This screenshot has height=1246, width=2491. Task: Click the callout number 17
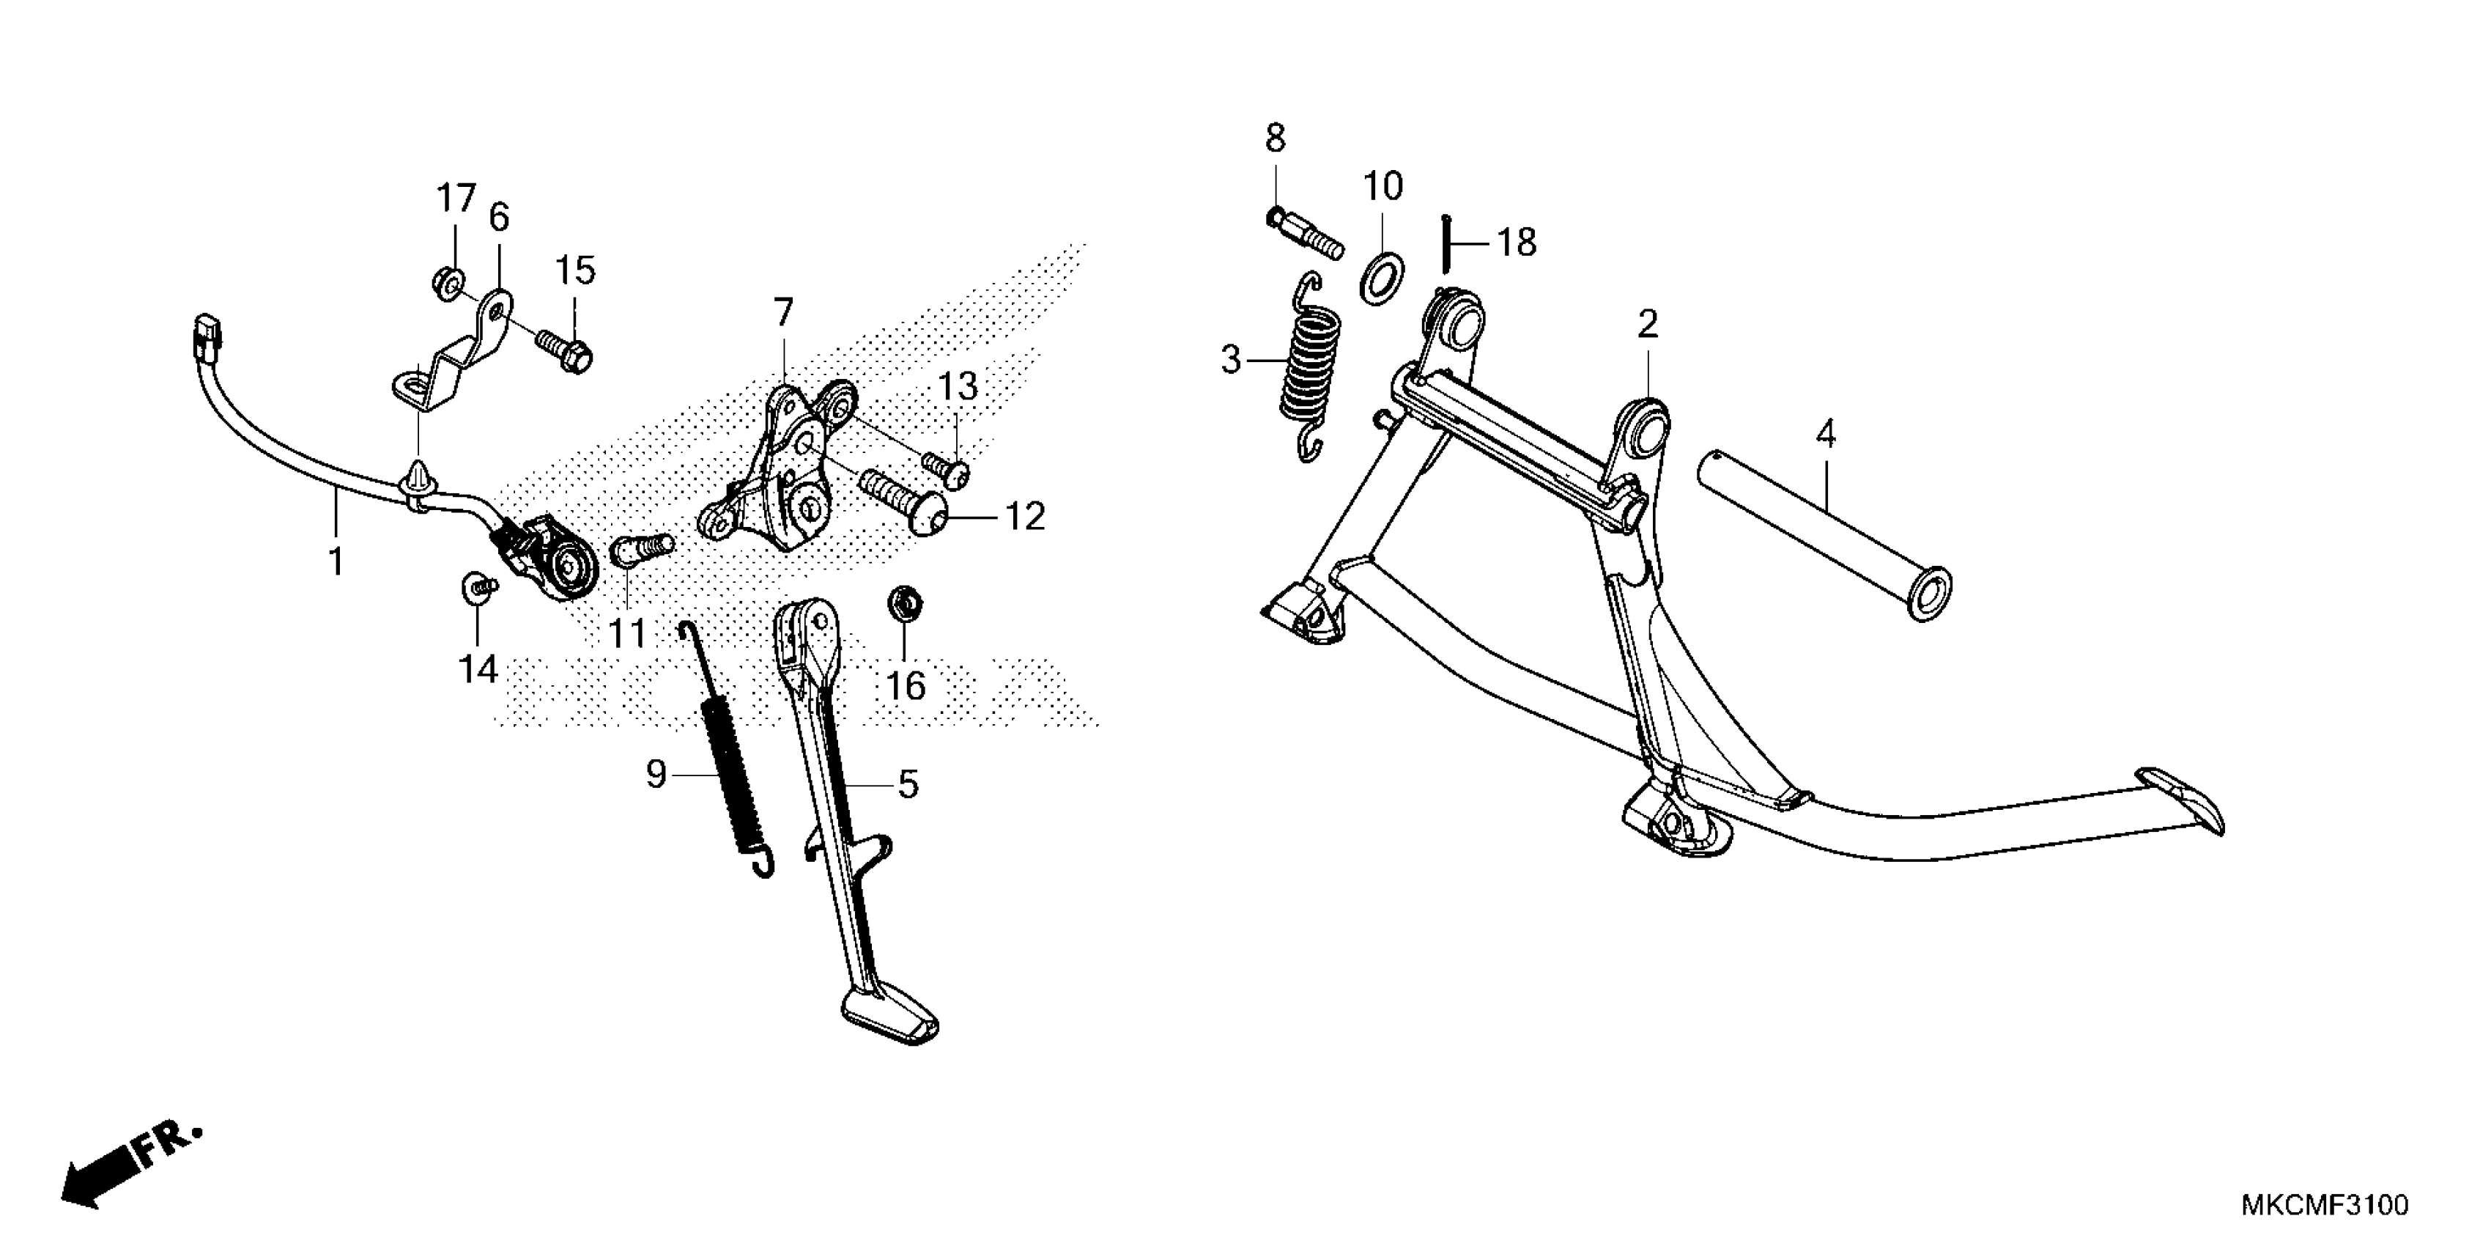(456, 199)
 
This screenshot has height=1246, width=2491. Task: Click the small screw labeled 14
(477, 586)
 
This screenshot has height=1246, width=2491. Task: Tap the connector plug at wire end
(207, 333)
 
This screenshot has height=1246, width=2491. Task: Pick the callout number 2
(1647, 324)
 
